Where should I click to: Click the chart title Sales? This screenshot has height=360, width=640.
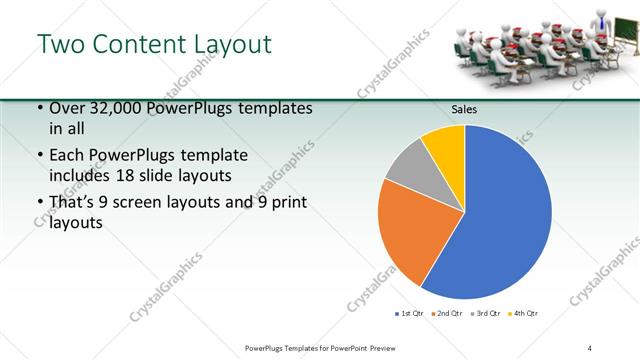464,109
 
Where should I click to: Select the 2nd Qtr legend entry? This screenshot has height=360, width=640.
446,314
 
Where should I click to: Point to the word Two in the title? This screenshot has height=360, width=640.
60,44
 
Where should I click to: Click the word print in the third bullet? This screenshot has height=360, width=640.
289,203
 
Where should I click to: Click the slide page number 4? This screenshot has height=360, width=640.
590,347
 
